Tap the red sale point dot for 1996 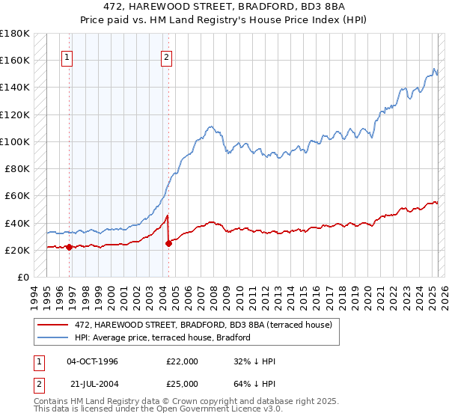(69, 247)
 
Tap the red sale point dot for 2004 (168, 242)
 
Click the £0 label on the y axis (23, 277)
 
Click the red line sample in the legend (55, 324)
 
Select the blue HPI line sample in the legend (55, 337)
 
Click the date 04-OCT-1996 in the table (92, 361)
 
